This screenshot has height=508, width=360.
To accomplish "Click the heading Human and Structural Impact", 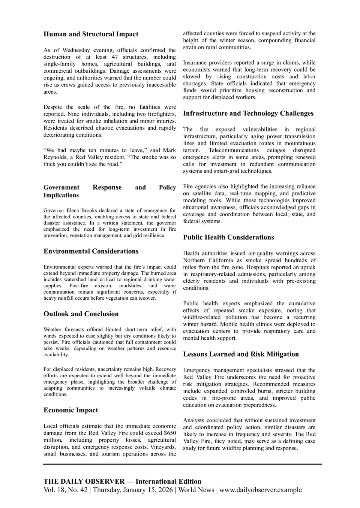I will [91, 34].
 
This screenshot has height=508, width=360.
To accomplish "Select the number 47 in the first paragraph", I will [115, 57].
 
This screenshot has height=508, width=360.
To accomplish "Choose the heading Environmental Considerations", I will [91, 251].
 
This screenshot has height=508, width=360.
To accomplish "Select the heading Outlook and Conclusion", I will [81, 314].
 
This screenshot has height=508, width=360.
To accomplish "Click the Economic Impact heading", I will [71, 410].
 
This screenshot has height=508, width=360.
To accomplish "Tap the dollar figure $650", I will [170, 433].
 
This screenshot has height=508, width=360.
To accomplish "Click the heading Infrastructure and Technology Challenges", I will [248, 114].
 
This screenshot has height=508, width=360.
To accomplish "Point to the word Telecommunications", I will [233, 150].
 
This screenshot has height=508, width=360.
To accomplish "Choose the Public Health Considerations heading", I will [228, 238].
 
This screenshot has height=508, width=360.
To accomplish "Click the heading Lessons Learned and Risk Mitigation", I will [241, 354].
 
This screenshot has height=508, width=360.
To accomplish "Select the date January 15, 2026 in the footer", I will [149, 490].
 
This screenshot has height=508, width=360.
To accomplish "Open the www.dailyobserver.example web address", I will [260, 490].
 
